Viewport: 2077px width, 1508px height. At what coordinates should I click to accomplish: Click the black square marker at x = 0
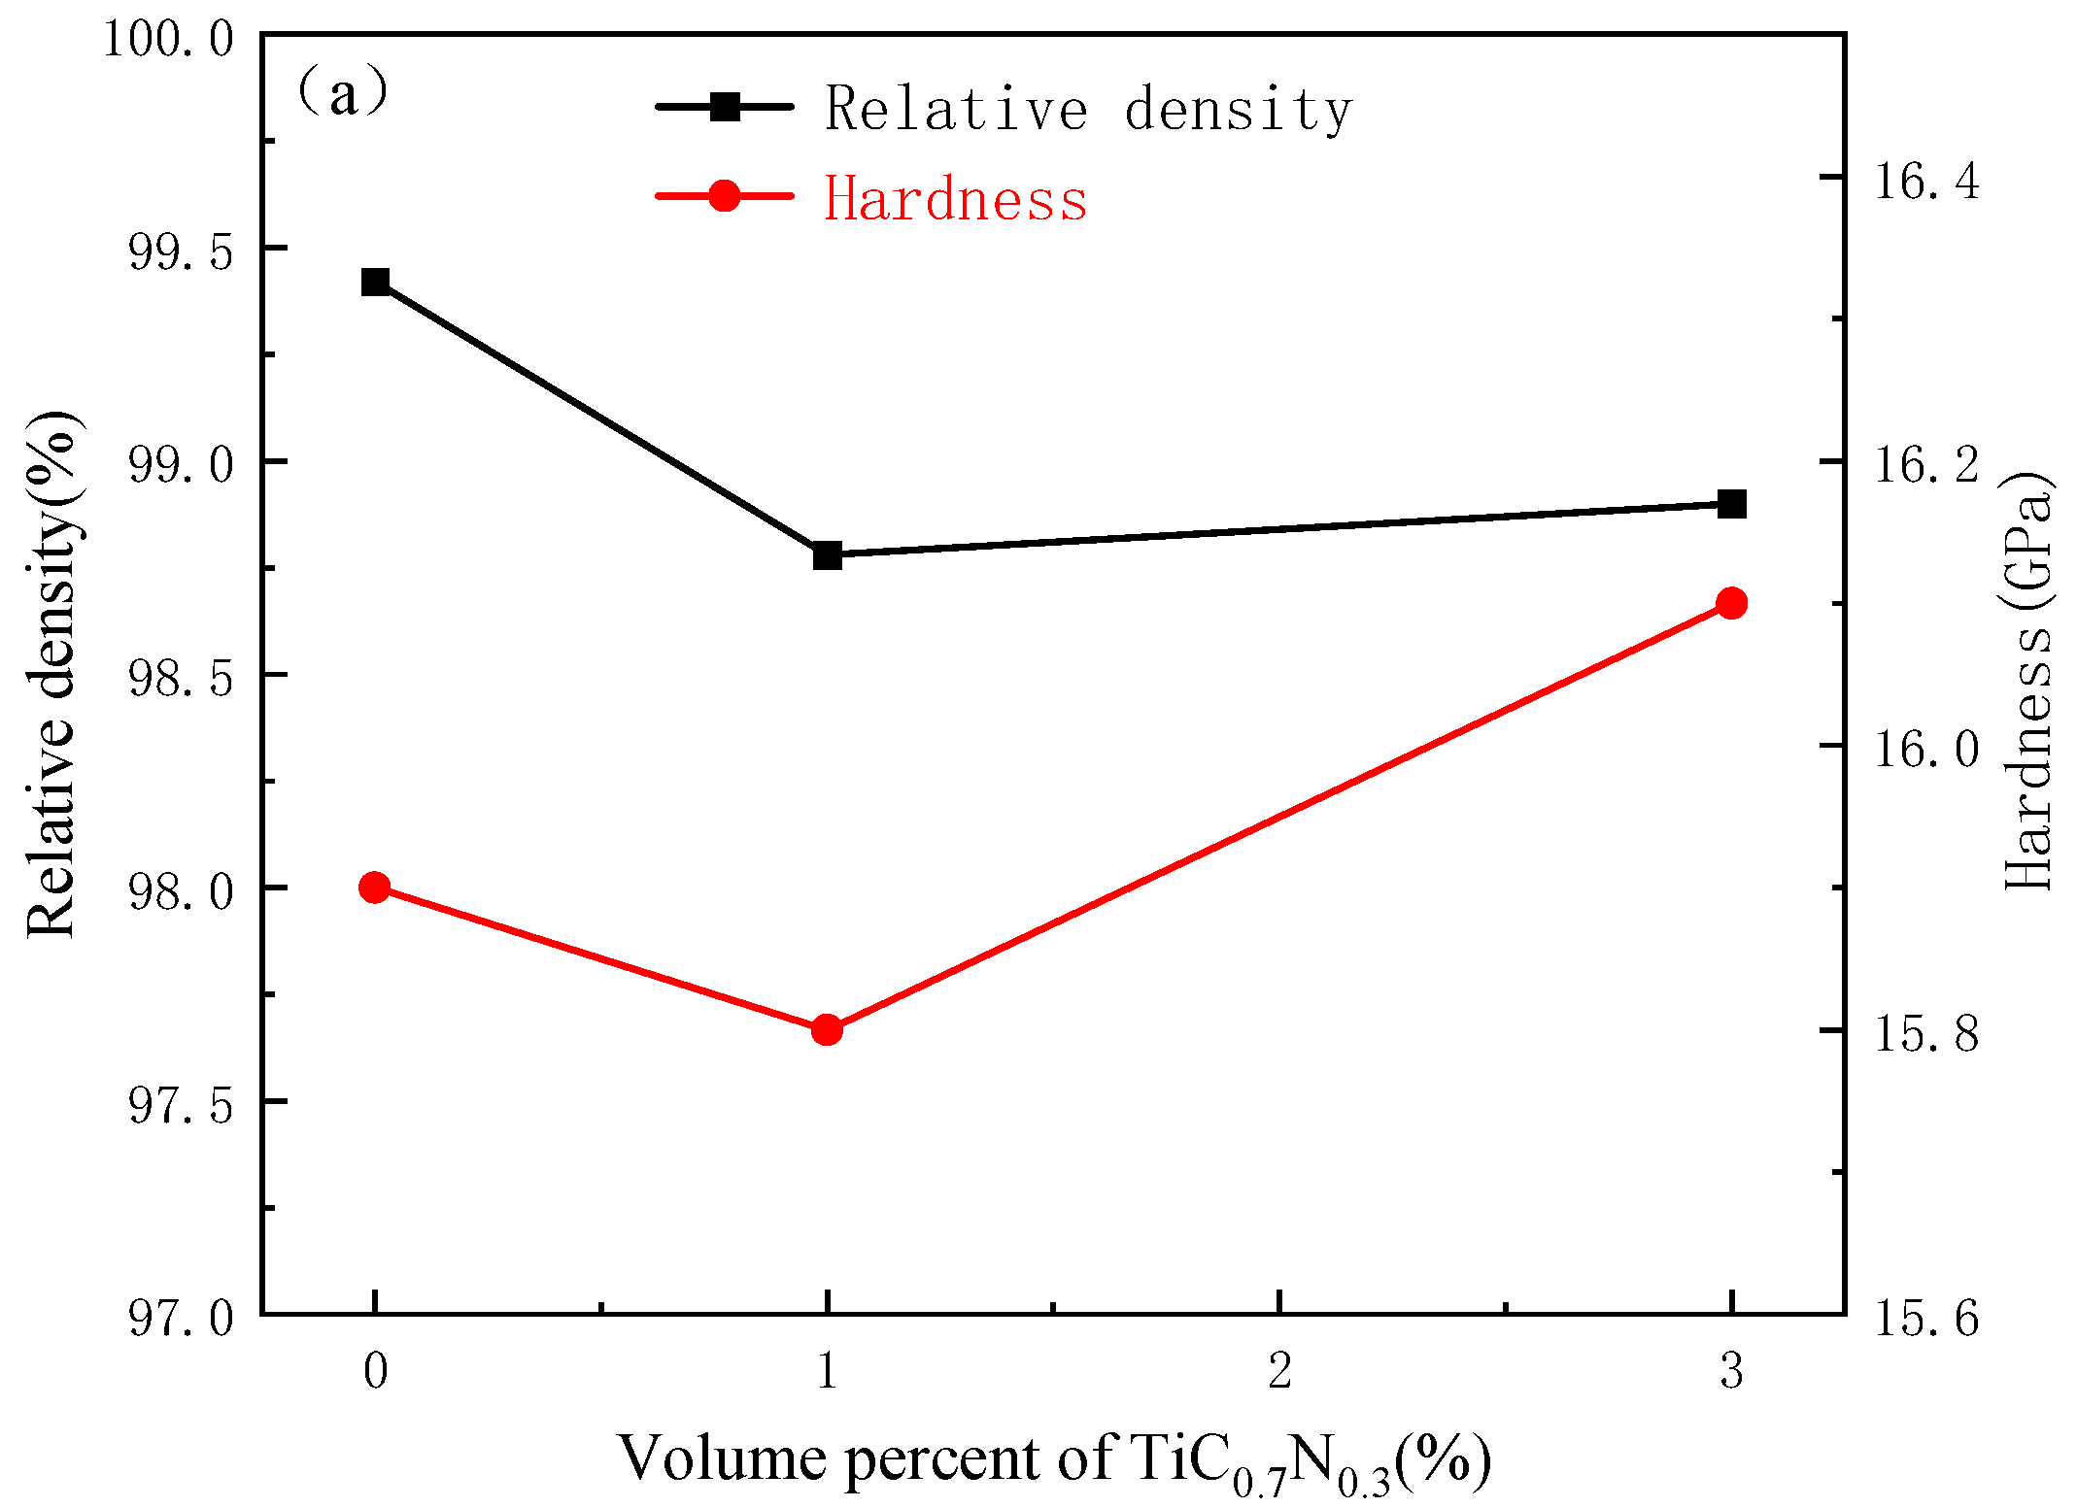coord(375,283)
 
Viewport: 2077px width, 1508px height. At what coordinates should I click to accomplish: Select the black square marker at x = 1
coord(827,555)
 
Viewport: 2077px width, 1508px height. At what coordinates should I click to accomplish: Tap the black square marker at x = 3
coord(1731,504)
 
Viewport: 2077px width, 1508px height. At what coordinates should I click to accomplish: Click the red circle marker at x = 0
coord(375,888)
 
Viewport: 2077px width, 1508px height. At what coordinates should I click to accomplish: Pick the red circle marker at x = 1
coord(827,1029)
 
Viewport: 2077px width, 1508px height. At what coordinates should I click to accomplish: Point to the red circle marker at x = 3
coord(1731,603)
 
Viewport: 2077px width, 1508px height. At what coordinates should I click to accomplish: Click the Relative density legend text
coord(1088,109)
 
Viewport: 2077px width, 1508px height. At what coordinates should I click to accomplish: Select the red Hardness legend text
coord(955,199)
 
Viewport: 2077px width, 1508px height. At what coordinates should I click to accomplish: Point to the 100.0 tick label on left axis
coord(169,41)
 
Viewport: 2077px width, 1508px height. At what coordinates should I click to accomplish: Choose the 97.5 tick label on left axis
coord(182,1106)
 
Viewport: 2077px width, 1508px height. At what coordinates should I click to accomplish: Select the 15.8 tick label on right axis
coord(1925,1034)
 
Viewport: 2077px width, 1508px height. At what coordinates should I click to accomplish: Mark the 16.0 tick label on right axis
coord(1925,750)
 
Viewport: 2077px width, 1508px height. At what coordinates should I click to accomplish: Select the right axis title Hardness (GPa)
coord(2028,680)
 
